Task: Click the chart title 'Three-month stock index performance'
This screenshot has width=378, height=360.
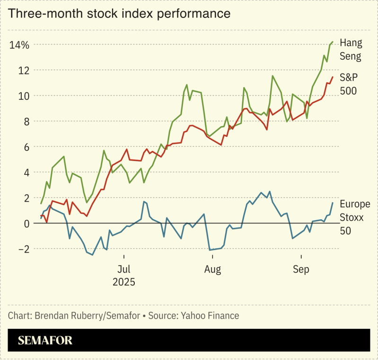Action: [x=119, y=14]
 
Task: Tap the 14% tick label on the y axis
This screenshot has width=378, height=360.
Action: [x=19, y=45]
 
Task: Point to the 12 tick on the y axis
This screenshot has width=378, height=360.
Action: [x=24, y=71]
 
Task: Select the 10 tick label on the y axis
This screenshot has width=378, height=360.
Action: [x=24, y=96]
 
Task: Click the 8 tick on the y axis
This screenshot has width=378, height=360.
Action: [x=26, y=122]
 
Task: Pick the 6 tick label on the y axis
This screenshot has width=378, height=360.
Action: [x=26, y=147]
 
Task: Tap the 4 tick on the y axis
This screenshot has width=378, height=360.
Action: [x=26, y=173]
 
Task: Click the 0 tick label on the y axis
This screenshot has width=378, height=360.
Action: [x=26, y=224]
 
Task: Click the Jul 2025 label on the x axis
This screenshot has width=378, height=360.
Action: [x=124, y=276]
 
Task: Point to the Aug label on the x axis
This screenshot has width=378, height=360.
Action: [x=212, y=270]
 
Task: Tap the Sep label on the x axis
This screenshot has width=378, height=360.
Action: [x=301, y=270]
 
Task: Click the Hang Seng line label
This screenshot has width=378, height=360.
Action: [x=351, y=50]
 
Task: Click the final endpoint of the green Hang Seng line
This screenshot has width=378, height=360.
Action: [x=333, y=42]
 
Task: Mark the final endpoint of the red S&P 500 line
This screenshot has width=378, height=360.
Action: [x=333, y=77]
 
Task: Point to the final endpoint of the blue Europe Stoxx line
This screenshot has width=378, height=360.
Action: [x=333, y=203]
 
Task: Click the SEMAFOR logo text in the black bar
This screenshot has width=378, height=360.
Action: [x=45, y=340]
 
